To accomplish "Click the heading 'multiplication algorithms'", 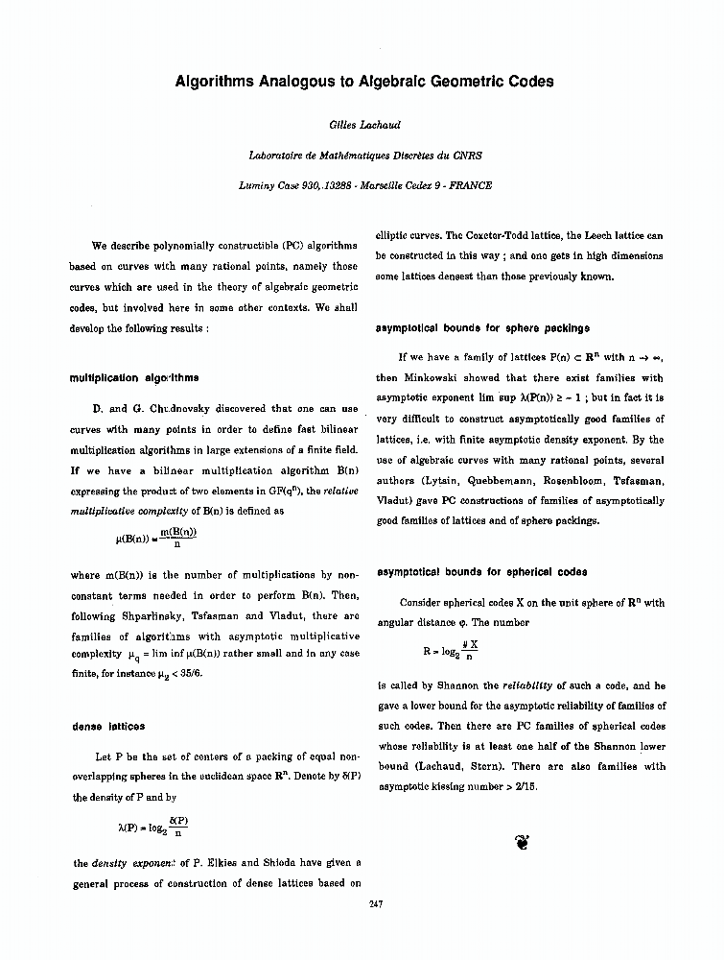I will pos(134,377).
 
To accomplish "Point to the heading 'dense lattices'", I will pos(108,727).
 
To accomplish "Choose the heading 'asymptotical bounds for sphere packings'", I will pos(482,328).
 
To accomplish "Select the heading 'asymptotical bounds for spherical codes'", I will pos(481,572).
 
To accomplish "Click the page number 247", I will pos(376,903).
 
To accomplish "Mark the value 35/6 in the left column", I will pos(190,675).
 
